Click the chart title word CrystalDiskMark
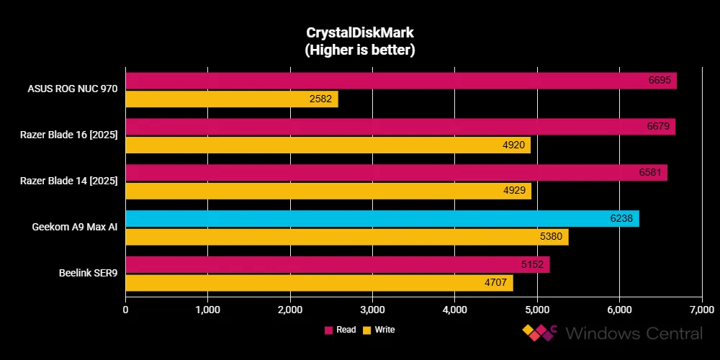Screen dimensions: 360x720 tap(360, 33)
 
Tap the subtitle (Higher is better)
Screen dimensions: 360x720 tap(360, 50)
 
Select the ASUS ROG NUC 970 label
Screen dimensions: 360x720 tap(73, 89)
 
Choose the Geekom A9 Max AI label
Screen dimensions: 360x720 tap(75, 228)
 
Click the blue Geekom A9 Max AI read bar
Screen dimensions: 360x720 tap(382, 218)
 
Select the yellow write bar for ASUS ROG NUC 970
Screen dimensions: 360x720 tap(231, 99)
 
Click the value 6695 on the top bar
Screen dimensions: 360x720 tap(659, 80)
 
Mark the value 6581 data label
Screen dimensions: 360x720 tap(649, 172)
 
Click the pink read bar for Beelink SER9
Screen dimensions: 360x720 tap(337, 264)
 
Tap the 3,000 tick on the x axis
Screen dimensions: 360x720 tap(372, 310)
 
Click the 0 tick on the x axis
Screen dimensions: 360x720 tap(126, 310)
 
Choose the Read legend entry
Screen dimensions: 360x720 tap(341, 330)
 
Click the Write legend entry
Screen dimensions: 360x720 tap(379, 330)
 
